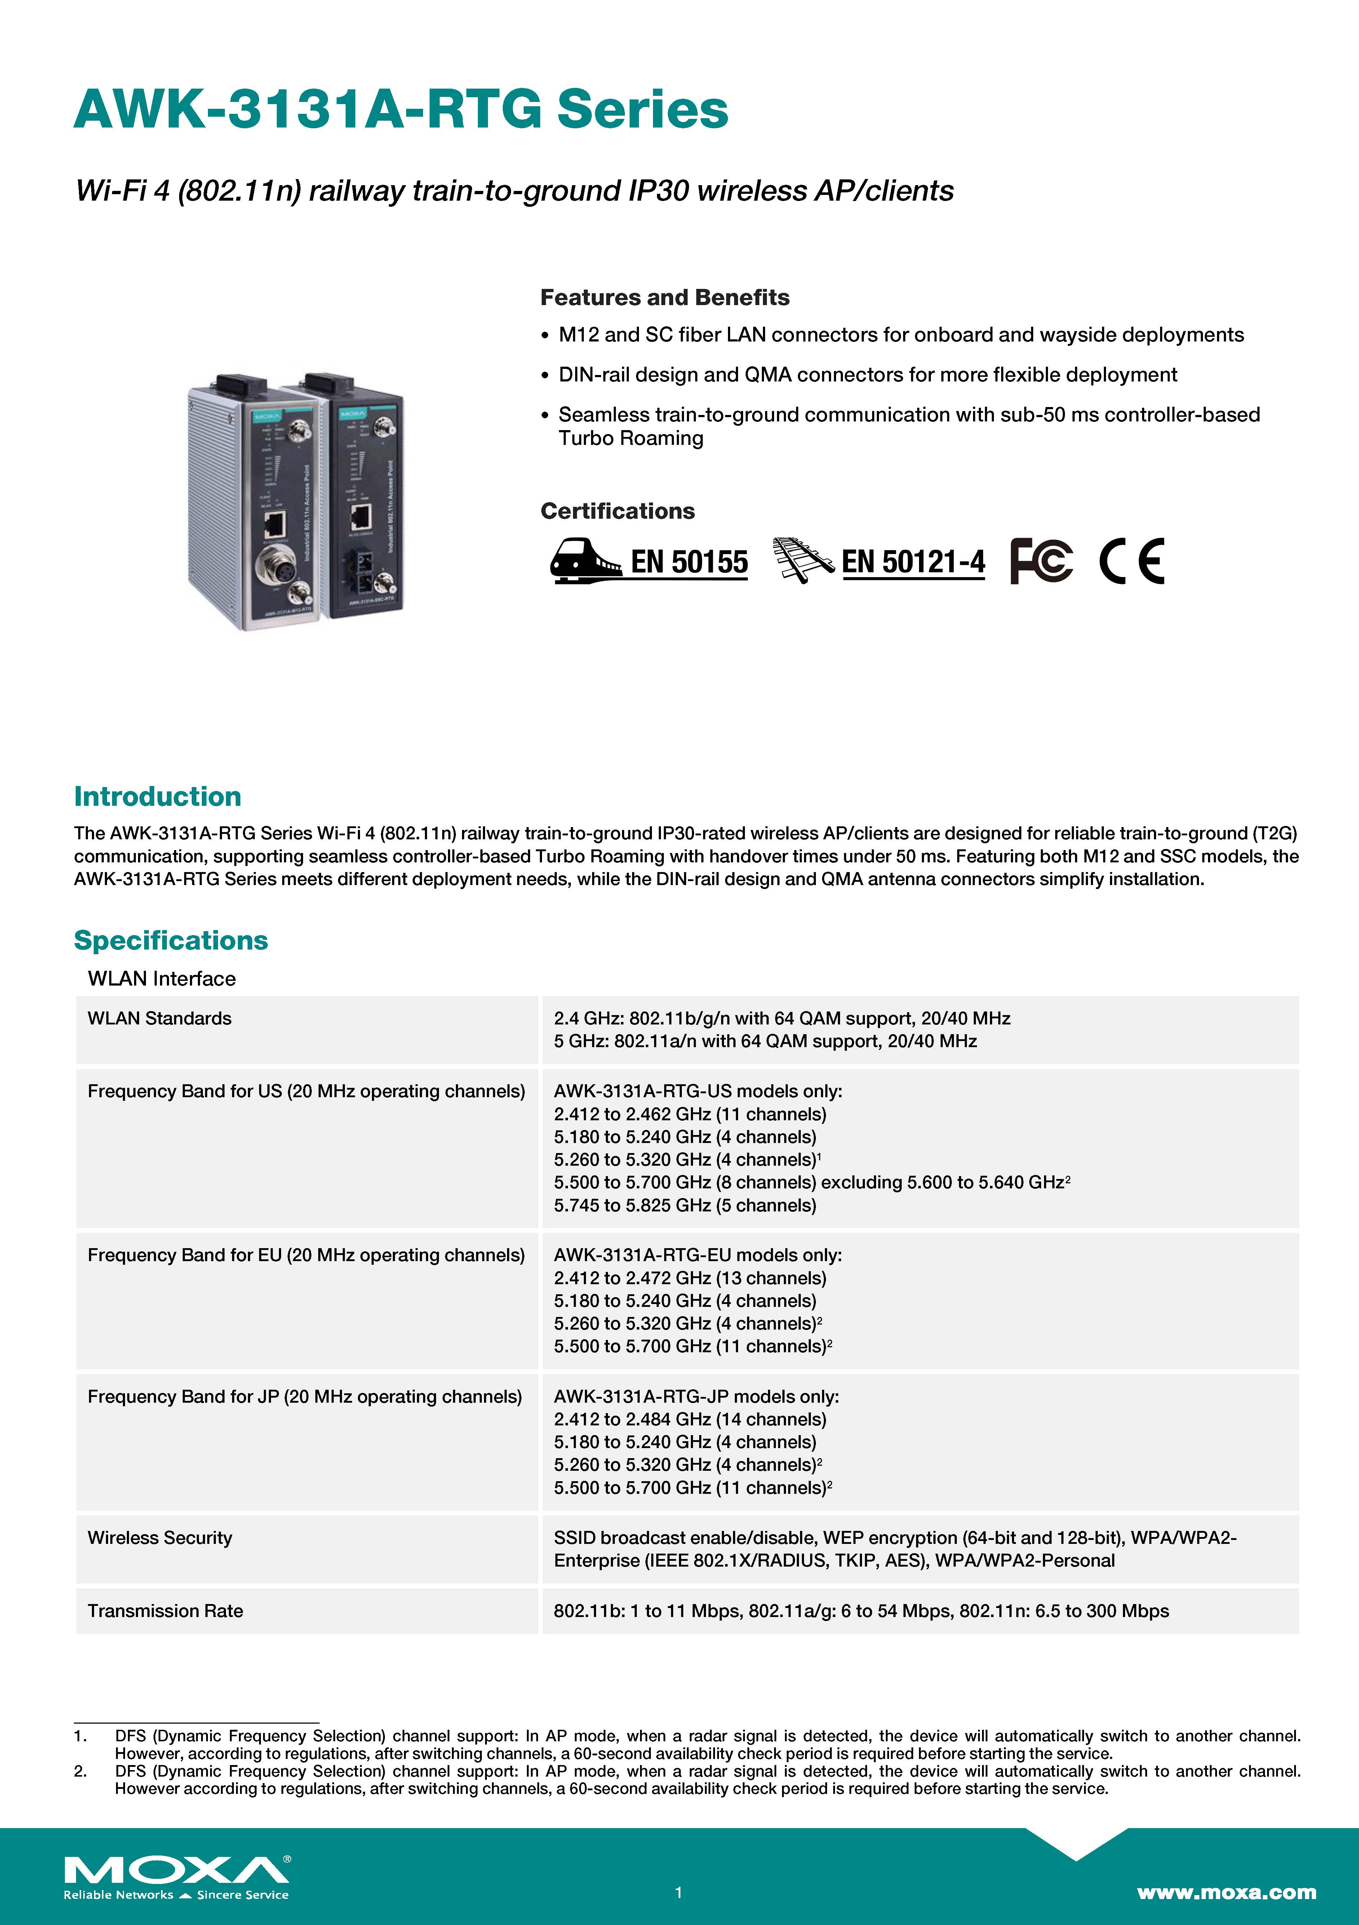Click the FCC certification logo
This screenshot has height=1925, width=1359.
click(1041, 561)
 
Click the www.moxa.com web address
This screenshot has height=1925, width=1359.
click(1226, 1892)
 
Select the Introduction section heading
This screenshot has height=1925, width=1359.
click(158, 796)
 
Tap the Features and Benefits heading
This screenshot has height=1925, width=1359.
click(665, 298)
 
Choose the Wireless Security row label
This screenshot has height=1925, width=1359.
click(159, 1538)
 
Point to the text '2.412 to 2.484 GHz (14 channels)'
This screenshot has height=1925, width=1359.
click(689, 1420)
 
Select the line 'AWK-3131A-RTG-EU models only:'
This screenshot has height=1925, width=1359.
click(697, 1255)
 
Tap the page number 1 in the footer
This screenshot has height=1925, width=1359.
click(679, 1892)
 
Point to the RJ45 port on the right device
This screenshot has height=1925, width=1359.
click(361, 515)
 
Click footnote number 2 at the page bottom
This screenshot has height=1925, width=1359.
click(80, 1772)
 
